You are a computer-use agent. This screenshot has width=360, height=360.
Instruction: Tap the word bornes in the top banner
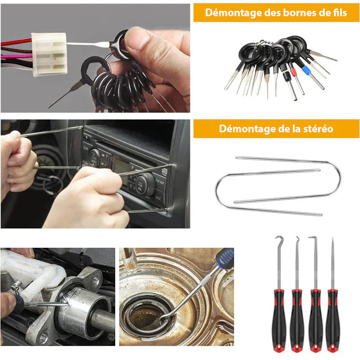300,13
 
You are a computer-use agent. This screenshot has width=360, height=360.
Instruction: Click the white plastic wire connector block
49,54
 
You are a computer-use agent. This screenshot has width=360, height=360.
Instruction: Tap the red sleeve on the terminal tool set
293,72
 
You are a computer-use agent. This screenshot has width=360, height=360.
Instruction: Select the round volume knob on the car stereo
145,184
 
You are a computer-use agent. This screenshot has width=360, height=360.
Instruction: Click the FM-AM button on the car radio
160,183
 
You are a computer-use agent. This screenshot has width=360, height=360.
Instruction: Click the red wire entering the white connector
16,42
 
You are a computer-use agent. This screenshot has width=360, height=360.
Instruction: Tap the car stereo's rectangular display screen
120,170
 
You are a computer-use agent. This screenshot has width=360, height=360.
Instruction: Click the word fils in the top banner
340,13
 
